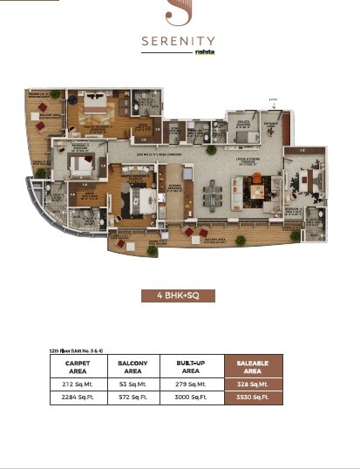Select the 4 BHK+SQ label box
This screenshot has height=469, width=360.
coord(178,296)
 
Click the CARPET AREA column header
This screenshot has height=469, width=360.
coord(77,366)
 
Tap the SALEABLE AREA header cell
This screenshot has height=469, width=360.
coord(248,366)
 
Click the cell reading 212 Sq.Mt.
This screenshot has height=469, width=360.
coord(77,383)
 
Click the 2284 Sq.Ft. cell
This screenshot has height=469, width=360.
coord(77,398)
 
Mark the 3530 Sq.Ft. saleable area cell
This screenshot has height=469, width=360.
coord(248,398)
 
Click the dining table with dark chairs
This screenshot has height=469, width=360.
coord(214,190)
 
